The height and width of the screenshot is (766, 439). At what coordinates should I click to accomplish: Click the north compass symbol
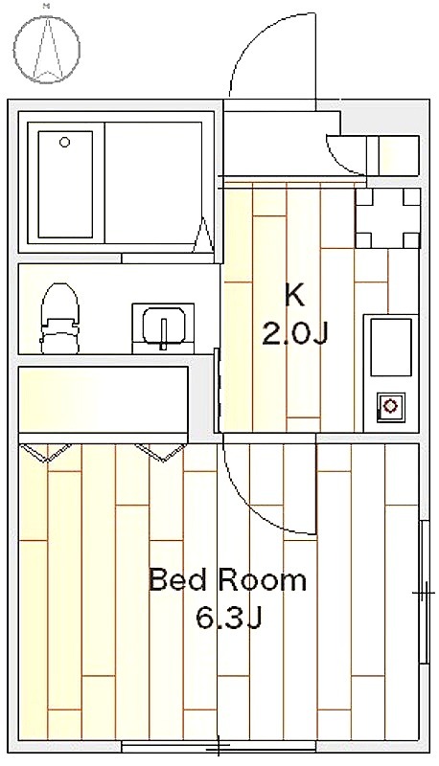[46, 47]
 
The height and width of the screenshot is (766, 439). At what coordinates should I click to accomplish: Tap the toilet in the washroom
[59, 318]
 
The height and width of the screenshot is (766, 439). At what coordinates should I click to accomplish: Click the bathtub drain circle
[64, 142]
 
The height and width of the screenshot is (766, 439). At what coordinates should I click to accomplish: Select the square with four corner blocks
[387, 218]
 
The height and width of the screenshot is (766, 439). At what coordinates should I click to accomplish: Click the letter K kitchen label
[295, 296]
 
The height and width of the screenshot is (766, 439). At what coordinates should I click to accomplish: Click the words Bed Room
[227, 580]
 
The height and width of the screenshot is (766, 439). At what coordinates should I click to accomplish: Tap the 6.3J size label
[229, 618]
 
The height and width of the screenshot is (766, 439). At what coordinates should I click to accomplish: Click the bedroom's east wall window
[425, 592]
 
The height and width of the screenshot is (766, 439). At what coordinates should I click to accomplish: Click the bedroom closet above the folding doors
[104, 399]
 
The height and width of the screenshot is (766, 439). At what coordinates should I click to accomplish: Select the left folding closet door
[45, 452]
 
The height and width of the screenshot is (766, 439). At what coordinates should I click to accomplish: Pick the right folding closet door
[161, 452]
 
